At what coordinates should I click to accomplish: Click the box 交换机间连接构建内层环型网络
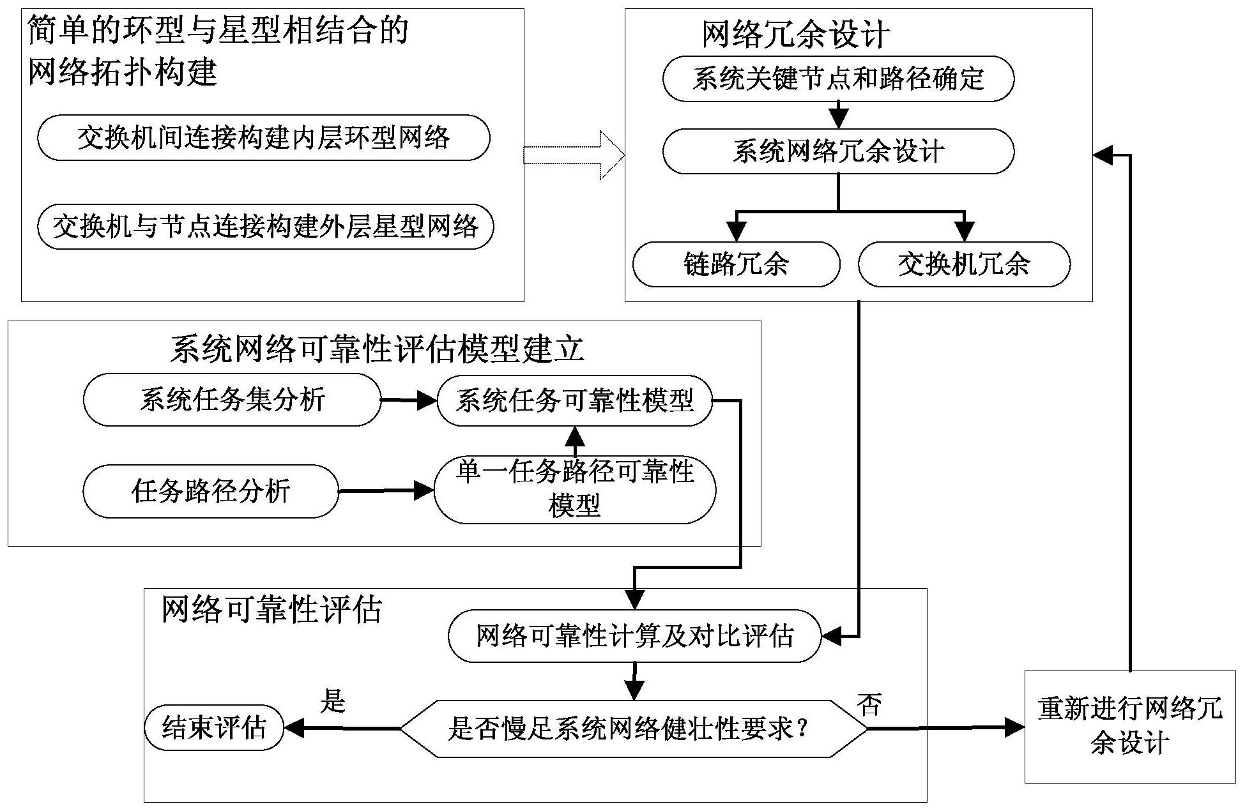[x=263, y=137]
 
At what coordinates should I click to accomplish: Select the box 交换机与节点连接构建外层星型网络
[x=265, y=226]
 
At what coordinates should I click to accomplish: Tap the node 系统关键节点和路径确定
[x=838, y=79]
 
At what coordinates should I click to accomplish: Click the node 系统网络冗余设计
[x=838, y=151]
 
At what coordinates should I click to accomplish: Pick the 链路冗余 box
[x=736, y=264]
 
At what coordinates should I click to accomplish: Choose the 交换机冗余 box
[x=963, y=264]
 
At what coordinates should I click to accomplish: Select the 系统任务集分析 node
[x=232, y=400]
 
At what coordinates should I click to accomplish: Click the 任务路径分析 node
[x=210, y=491]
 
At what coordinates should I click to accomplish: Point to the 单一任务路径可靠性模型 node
[x=574, y=490]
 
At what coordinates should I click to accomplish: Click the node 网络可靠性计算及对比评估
[x=634, y=636]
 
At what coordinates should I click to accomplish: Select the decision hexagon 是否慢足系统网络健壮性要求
[x=634, y=729]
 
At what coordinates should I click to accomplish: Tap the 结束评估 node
[x=213, y=728]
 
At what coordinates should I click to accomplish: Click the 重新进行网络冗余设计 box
[x=1129, y=727]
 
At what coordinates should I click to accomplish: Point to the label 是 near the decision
[x=332, y=701]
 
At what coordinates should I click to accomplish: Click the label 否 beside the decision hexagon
[x=869, y=705]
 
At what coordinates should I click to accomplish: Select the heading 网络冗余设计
[x=795, y=34]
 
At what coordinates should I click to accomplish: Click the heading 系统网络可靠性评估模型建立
[x=377, y=349]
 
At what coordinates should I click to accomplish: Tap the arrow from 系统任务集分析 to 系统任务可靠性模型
[x=408, y=400]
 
